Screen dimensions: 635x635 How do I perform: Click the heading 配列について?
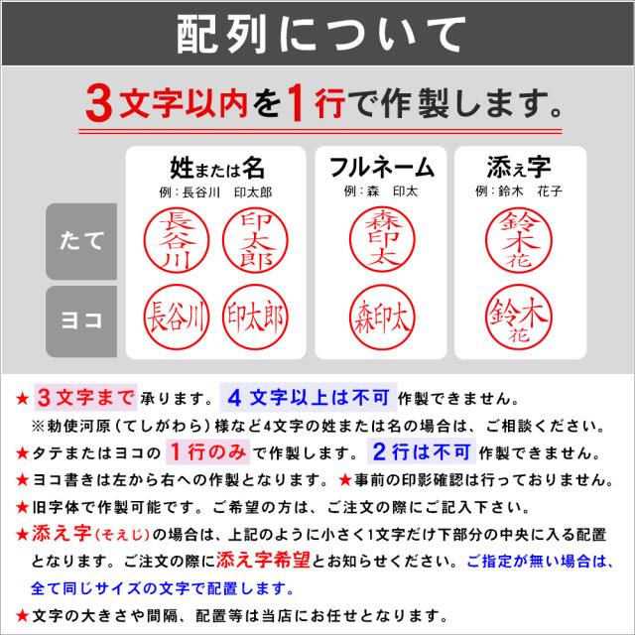pos(317,37)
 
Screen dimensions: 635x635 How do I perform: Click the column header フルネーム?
pos(381,165)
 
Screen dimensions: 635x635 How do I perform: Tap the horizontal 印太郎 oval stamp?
pos(254,317)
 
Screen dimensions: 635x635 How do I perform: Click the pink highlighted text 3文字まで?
pos(83,398)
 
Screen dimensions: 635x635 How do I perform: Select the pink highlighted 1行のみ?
pos(200,452)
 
